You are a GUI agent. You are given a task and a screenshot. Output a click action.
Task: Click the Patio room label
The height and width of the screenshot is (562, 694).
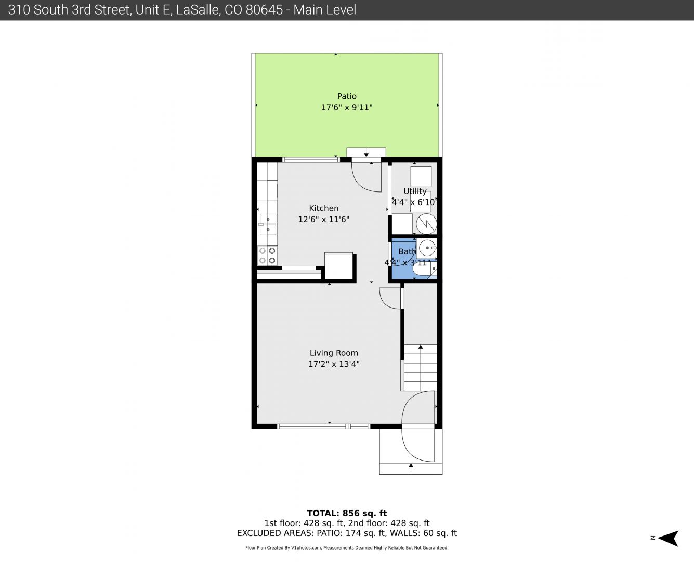point(347,96)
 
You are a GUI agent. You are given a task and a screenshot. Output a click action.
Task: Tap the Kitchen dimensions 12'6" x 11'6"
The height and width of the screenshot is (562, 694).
point(323,219)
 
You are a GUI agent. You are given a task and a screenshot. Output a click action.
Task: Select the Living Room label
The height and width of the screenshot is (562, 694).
point(334,353)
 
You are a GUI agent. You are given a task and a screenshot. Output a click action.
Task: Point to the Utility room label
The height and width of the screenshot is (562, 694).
point(415,191)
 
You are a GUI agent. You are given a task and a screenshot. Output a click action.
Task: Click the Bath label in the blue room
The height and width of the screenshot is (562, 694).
point(407,251)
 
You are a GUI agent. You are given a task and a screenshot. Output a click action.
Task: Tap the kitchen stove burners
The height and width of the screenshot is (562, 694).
point(268,256)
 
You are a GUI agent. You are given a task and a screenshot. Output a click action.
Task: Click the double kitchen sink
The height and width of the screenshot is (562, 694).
point(268,224)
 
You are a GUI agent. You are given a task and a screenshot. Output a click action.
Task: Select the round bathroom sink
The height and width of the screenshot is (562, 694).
point(427,248)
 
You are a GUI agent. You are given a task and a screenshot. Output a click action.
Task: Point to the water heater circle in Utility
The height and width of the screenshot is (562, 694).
point(426,224)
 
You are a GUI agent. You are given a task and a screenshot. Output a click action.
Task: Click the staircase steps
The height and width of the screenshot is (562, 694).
point(421,367)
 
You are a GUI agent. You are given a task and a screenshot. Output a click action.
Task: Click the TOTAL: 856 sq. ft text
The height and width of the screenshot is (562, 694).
point(347,513)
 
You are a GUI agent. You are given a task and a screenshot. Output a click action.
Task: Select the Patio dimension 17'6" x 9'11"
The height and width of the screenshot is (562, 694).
point(347,107)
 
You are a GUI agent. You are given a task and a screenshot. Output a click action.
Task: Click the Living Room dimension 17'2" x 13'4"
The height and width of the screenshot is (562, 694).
point(334,364)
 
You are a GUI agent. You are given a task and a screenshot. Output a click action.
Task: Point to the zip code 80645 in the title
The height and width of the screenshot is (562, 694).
point(264,10)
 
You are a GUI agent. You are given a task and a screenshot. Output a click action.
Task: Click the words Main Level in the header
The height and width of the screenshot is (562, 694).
point(324,10)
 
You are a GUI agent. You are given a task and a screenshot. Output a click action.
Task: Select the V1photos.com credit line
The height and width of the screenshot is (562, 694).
point(347,548)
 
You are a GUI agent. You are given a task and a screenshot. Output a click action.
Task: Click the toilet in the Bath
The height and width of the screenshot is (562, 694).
point(424,270)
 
